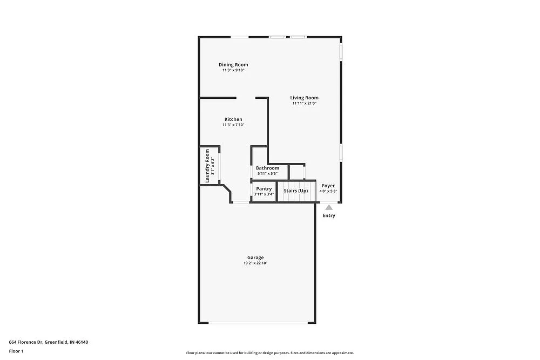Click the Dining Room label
click(x=233, y=65)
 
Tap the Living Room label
click(x=304, y=98)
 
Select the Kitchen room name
click(x=233, y=119)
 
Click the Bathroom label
click(x=267, y=168)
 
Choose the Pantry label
click(x=264, y=188)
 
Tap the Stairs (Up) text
click(x=296, y=191)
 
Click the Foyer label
click(x=328, y=186)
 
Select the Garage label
click(x=255, y=257)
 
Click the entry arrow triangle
click(x=329, y=207)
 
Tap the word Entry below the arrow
click(x=329, y=215)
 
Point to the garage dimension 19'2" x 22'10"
click(x=255, y=263)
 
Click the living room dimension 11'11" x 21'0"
click(x=304, y=103)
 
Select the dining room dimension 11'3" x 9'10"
click(x=233, y=70)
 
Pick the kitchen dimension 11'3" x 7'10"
click(x=233, y=125)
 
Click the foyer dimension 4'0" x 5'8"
click(x=328, y=191)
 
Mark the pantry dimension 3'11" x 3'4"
click(x=264, y=194)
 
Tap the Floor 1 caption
click(x=16, y=351)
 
